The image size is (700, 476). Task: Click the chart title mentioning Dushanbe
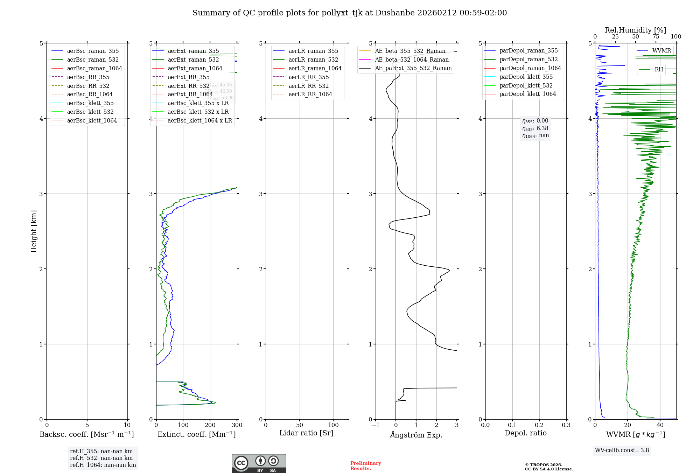point(350,13)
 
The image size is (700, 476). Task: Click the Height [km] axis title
point(34,231)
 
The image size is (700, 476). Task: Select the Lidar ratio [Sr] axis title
point(306,433)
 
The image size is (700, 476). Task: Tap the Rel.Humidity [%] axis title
point(635,30)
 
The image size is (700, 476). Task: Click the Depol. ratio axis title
point(525,433)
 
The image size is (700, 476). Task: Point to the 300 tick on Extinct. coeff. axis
point(237,425)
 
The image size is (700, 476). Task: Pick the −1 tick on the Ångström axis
point(376,425)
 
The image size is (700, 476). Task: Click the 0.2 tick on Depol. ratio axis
point(539,425)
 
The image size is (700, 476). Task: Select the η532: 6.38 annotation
point(535,128)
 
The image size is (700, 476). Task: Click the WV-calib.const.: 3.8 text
point(622,450)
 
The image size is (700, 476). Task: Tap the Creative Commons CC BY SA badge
point(259,463)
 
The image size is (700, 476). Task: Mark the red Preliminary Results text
point(365,466)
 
